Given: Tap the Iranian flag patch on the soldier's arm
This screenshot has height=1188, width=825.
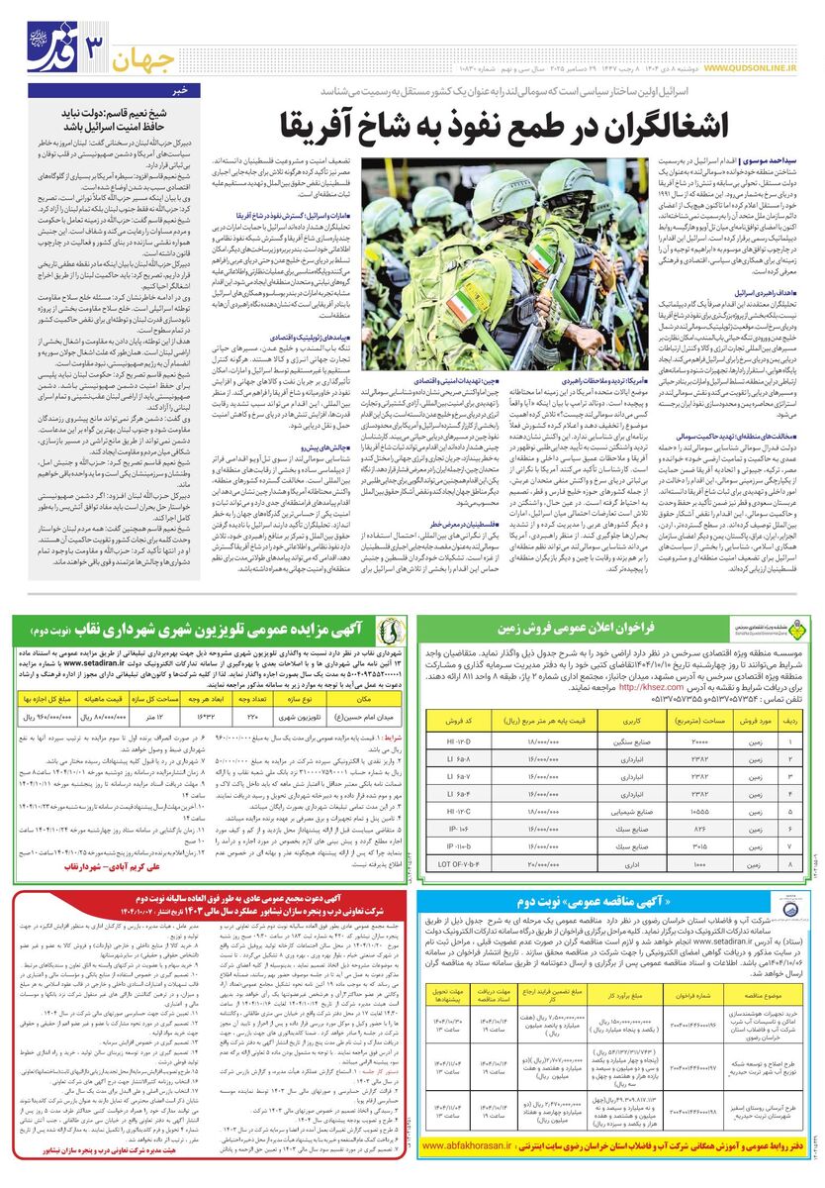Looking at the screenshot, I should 458,299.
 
